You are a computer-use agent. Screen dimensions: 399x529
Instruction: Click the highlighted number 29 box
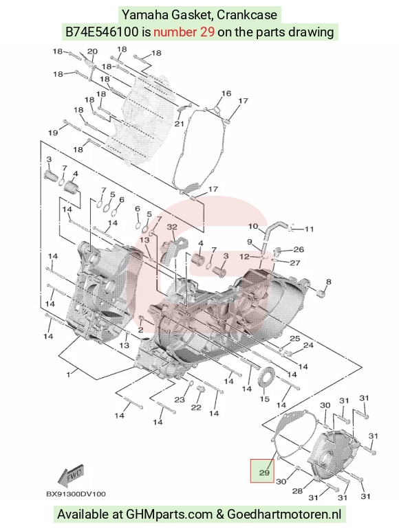[x=262, y=471]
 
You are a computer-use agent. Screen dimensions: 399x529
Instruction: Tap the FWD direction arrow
[x=71, y=476]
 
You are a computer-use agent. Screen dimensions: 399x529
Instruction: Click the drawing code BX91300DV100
[x=76, y=494]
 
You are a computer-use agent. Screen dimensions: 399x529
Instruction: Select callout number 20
[x=92, y=52]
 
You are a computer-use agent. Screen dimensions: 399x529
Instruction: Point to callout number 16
[x=226, y=93]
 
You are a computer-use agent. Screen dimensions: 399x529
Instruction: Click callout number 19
[x=53, y=133]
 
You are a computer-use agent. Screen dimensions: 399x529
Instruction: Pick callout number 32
[x=172, y=227]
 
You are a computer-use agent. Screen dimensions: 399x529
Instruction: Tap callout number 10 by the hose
[x=253, y=226]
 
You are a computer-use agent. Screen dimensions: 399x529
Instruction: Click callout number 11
[x=309, y=229]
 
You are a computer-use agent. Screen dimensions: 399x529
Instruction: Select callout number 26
[x=299, y=249]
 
